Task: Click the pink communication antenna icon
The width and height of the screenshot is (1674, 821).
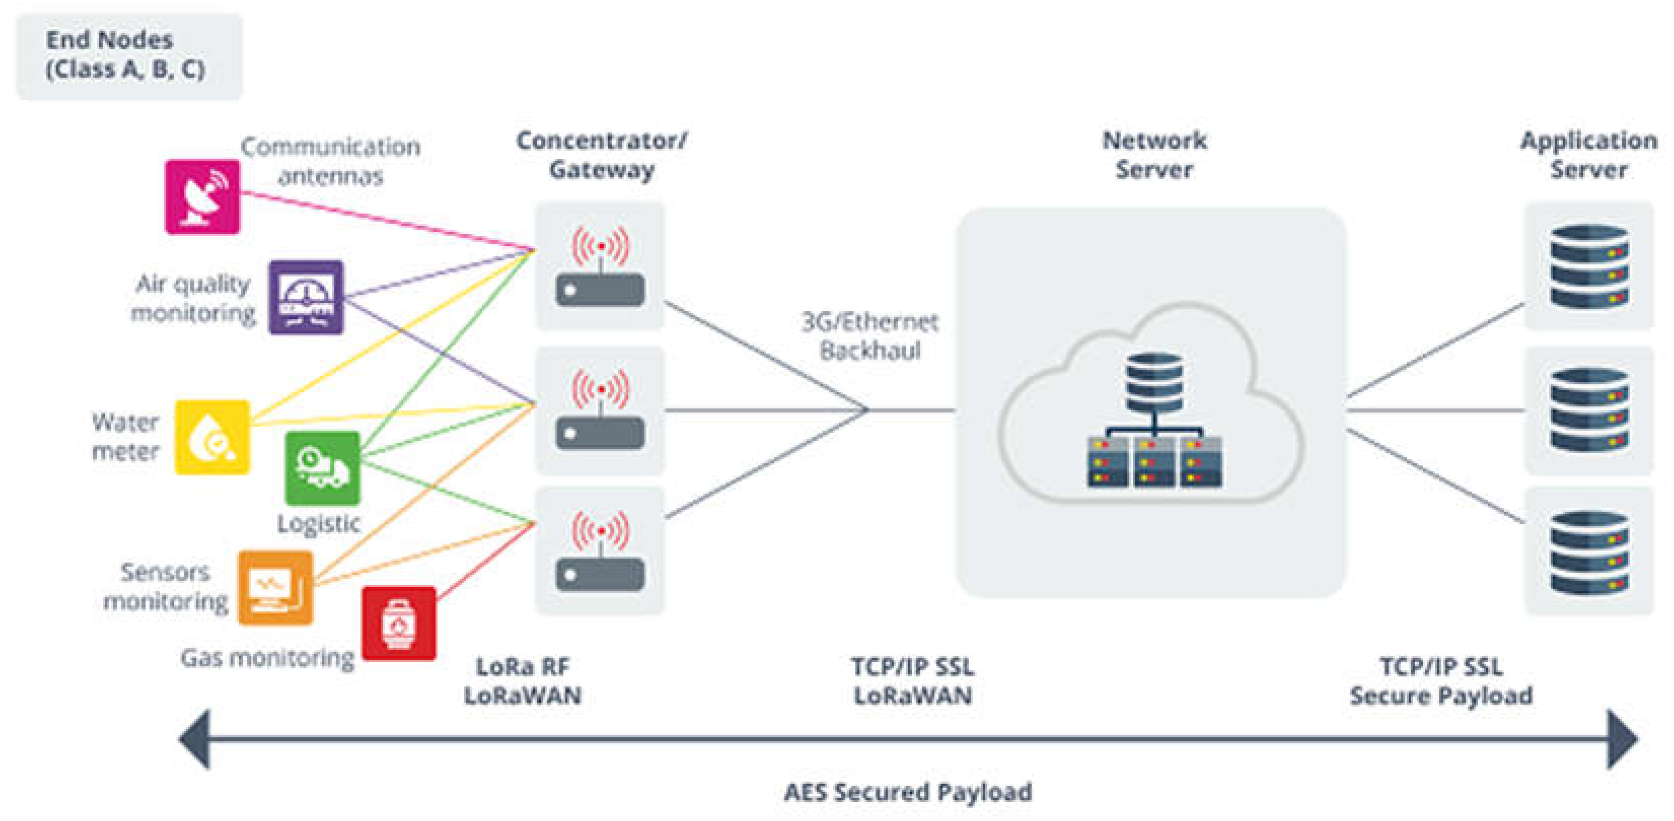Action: click(202, 196)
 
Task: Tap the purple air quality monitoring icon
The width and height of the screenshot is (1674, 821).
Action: click(306, 297)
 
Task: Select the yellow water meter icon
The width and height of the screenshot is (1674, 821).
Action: click(212, 437)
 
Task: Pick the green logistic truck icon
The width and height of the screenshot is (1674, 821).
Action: click(322, 468)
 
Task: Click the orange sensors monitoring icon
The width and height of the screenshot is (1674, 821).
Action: click(276, 588)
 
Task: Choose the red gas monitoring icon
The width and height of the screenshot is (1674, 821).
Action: click(398, 623)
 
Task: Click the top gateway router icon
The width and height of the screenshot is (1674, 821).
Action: click(600, 267)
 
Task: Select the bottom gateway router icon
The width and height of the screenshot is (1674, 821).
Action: click(600, 551)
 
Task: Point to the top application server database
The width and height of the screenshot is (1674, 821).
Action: click(1589, 267)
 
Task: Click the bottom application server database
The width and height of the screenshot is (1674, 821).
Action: click(1589, 553)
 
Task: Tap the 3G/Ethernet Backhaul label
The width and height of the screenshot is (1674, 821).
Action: click(870, 336)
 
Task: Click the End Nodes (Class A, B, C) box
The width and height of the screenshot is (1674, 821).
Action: click(129, 56)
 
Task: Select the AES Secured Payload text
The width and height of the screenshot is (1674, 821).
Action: click(907, 792)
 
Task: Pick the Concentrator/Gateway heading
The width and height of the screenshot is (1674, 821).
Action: click(601, 155)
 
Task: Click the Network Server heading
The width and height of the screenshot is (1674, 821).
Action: click(1154, 155)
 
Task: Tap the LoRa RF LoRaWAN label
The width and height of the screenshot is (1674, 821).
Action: click(523, 681)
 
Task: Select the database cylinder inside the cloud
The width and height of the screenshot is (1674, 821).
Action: click(1154, 382)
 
